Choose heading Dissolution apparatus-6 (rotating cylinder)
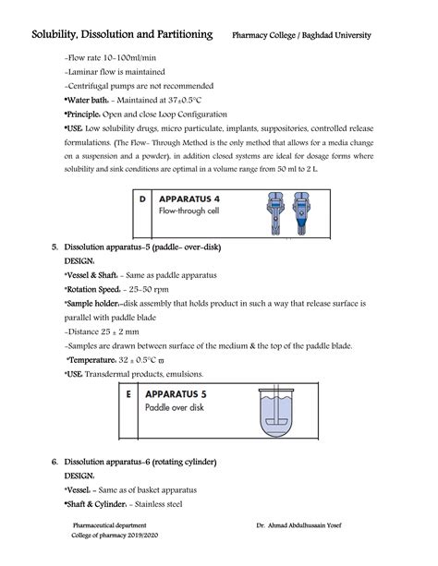click(139, 462)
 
